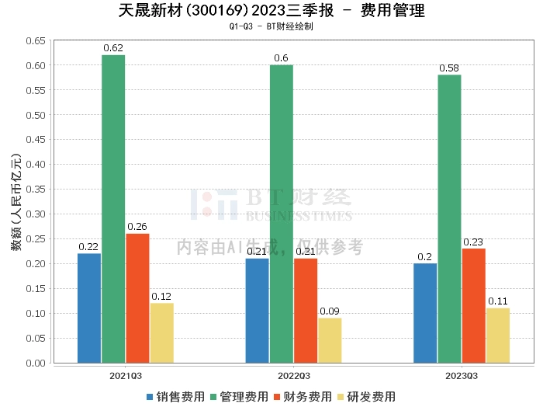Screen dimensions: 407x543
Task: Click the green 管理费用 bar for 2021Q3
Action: [113, 209]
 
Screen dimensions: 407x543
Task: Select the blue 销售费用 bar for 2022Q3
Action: [257, 311]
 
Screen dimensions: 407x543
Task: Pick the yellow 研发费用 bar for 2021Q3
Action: [161, 332]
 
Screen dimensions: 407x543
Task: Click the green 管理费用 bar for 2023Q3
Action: [449, 218]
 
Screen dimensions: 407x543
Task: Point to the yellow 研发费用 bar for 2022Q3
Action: [330, 340]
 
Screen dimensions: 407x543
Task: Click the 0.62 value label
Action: [113, 48]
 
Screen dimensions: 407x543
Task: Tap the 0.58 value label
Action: [449, 68]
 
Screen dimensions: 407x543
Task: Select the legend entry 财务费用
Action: [303, 396]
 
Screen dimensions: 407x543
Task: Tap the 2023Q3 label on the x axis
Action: [462, 375]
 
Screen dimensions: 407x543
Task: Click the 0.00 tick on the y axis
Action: [34, 363]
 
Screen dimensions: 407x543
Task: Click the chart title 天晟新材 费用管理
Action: [271, 11]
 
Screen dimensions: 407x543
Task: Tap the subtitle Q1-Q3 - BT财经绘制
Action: [271, 26]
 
